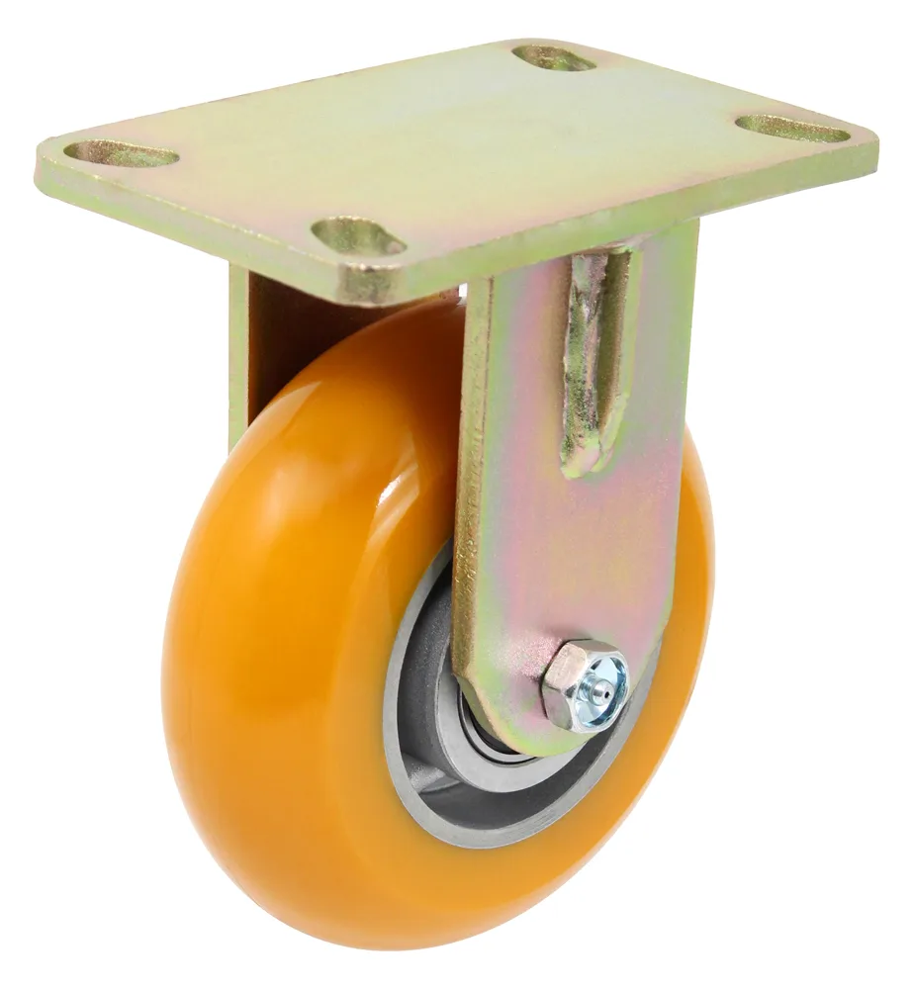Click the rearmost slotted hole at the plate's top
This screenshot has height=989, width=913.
point(554,58)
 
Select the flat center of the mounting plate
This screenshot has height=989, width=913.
point(455,148)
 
